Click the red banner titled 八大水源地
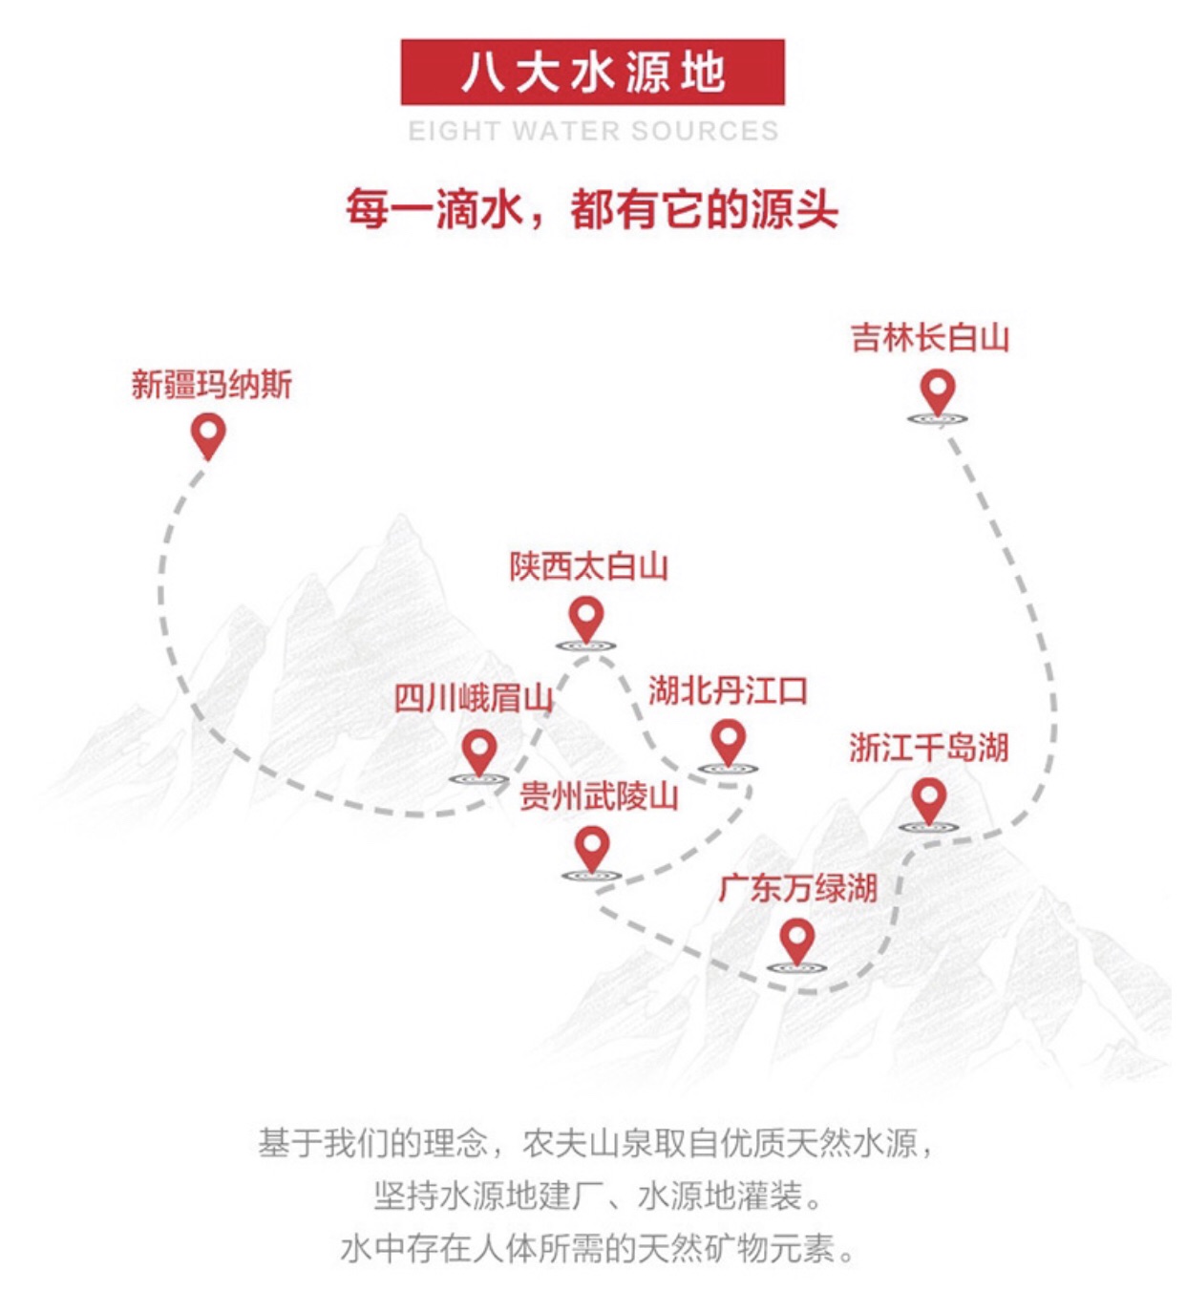tap(592, 72)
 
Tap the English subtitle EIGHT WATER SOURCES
tap(593, 131)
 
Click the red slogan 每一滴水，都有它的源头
tap(592, 209)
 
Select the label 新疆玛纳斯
tap(211, 385)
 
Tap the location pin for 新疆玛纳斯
tap(208, 435)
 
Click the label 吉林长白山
tap(930, 338)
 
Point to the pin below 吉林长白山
tap(937, 392)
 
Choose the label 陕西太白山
tap(588, 566)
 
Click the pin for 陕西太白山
tap(586, 618)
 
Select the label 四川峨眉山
tap(474, 698)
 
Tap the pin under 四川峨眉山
tap(478, 751)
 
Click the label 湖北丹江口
tap(728, 690)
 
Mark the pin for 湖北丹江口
tap(729, 742)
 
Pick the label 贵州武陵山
tap(599, 795)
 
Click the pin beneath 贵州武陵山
tap(592, 847)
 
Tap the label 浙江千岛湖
tap(929, 748)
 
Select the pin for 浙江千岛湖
tap(928, 799)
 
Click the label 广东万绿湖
tap(797, 888)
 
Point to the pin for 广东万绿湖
tap(796, 941)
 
